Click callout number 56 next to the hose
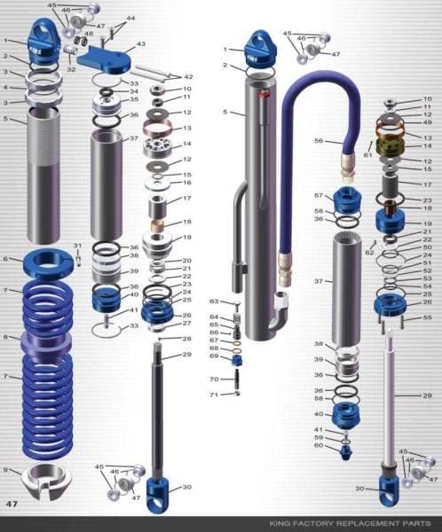(319, 140)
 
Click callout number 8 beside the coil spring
(6, 337)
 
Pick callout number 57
(319, 195)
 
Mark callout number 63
(215, 301)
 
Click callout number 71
(215, 394)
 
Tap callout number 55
(427, 317)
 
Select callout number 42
(187, 77)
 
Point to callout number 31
(77, 246)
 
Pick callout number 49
(427, 122)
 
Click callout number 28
(187, 339)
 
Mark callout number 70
(215, 379)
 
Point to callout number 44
(130, 18)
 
